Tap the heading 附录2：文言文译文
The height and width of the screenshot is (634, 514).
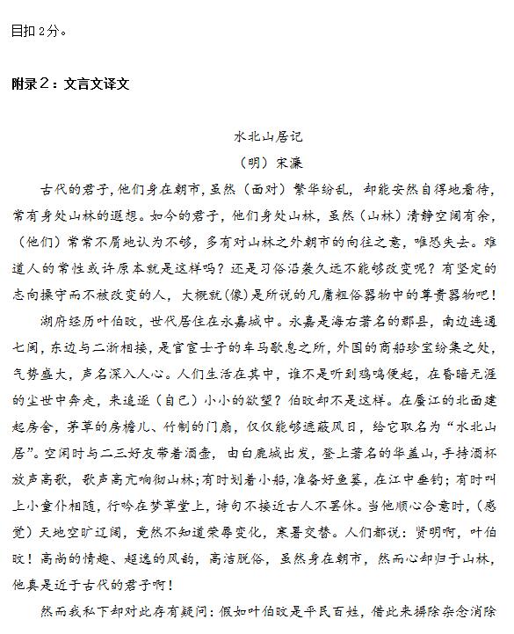point(70,84)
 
